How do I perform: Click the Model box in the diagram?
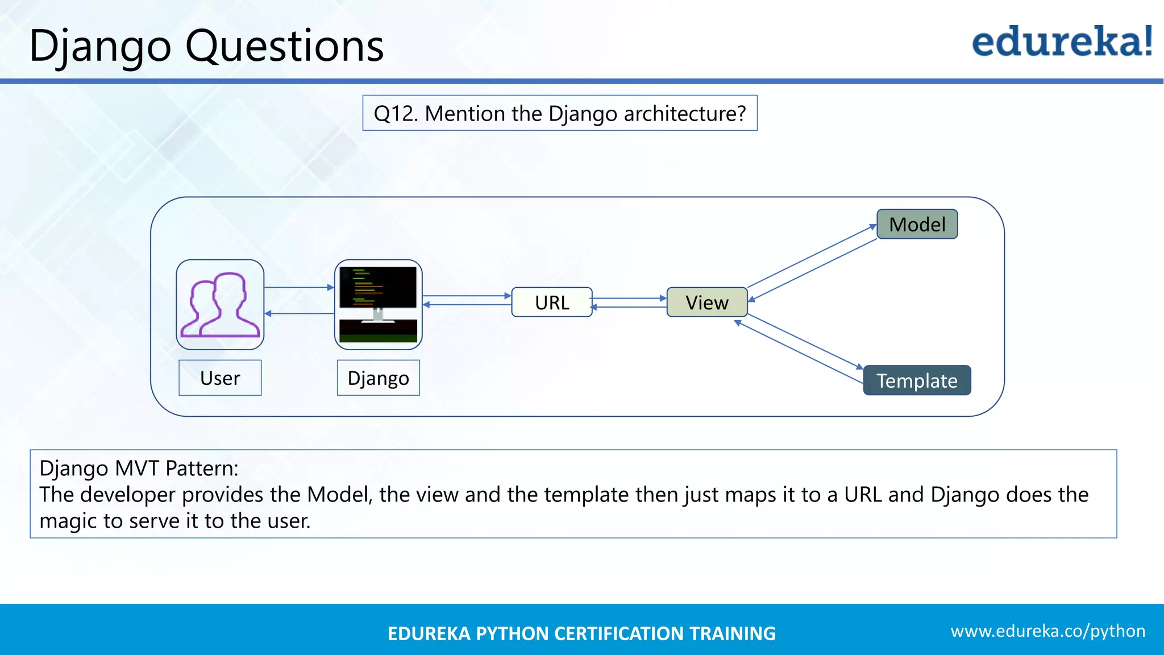pyautogui.click(x=917, y=224)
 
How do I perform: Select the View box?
pyautogui.click(x=706, y=302)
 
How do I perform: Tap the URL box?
pyautogui.click(x=551, y=302)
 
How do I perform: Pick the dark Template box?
pyautogui.click(x=917, y=380)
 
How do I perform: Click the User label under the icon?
pyautogui.click(x=220, y=378)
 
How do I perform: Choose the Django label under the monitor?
pyautogui.click(x=378, y=378)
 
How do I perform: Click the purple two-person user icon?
pyautogui.click(x=220, y=305)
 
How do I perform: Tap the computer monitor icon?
pyautogui.click(x=378, y=305)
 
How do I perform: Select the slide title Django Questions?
pyautogui.click(x=206, y=45)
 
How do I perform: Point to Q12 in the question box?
pyautogui.click(x=396, y=114)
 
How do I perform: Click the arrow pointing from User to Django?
pyautogui.click(x=299, y=288)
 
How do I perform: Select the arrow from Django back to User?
pyautogui.click(x=299, y=313)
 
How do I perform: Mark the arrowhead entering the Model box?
pyautogui.click(x=873, y=227)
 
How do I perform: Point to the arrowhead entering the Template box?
pyautogui.click(x=859, y=367)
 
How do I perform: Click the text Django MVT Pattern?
pyautogui.click(x=139, y=469)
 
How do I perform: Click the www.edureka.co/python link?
pyautogui.click(x=1047, y=631)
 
